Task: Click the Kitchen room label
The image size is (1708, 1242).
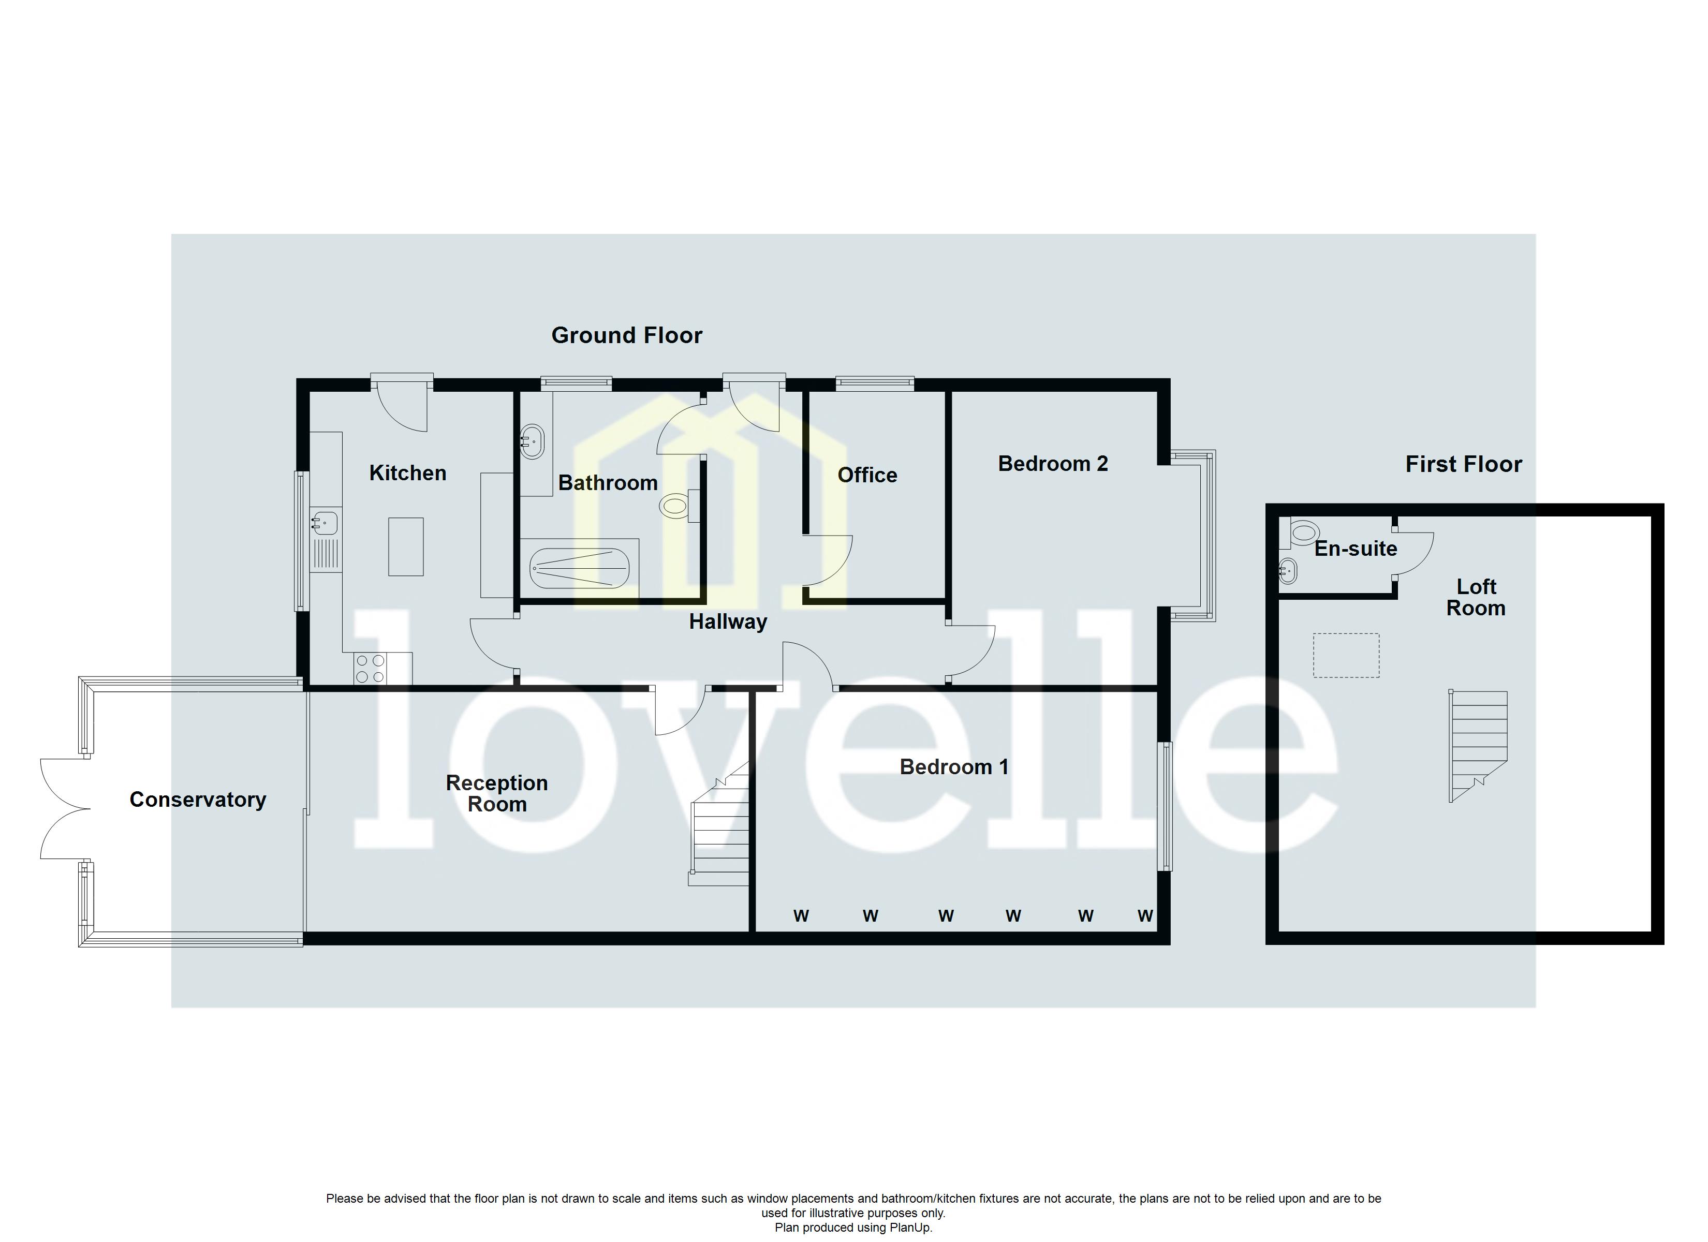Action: [407, 473]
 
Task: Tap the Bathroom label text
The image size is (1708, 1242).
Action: [608, 483]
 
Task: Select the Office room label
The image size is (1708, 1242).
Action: [867, 475]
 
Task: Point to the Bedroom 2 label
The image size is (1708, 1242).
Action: [1053, 464]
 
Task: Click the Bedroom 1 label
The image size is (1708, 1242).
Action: [953, 767]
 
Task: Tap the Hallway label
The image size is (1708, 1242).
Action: [728, 622]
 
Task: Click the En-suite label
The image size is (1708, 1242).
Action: [1356, 549]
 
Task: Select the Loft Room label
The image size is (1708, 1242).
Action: [1475, 597]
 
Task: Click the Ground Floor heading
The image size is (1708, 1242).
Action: [627, 335]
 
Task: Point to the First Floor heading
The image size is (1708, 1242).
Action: [1463, 464]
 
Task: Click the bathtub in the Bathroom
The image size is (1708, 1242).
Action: [579, 568]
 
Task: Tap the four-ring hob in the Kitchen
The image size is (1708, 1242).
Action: [370, 668]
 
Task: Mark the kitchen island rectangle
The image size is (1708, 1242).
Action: [406, 546]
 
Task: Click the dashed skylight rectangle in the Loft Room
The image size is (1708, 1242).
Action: [1346, 655]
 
